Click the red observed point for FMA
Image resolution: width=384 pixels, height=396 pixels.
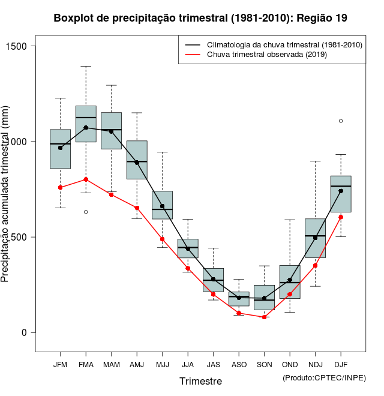[x=86, y=179]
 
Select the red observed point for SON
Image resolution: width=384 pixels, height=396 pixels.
[x=264, y=317]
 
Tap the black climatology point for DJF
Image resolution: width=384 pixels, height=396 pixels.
[x=341, y=191]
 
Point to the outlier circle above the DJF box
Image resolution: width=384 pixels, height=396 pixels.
[x=341, y=121]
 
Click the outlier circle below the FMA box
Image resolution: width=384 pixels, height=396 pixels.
[x=86, y=212]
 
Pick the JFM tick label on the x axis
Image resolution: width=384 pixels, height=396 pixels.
[x=60, y=364]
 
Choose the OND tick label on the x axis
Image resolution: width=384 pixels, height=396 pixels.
[x=290, y=364]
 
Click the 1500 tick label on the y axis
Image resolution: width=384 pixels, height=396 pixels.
[x=23, y=46]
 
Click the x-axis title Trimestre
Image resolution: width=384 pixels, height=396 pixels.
[x=200, y=381]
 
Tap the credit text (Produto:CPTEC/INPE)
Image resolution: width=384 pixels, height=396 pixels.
[x=324, y=377]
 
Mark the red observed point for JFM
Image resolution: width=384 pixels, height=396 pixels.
[x=60, y=187]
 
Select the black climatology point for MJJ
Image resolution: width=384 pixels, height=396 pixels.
[x=162, y=206]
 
